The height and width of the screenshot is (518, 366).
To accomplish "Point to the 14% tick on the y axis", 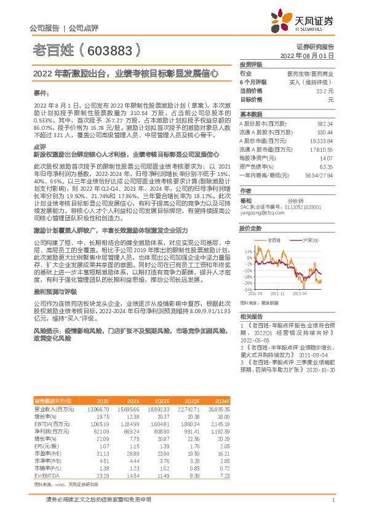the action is click(x=248, y=251).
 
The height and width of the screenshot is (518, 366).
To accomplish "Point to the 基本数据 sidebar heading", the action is click(x=250, y=114).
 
